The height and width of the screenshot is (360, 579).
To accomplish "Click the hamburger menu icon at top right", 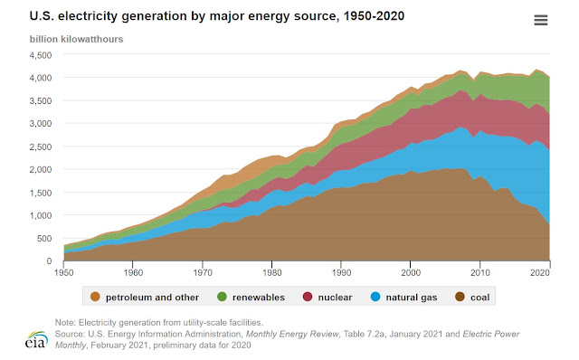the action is (541, 20).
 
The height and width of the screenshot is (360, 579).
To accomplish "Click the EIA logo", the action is (36, 340).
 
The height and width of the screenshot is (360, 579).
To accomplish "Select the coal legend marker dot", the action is (460, 297).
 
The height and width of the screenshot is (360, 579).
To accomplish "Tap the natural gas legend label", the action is (412, 298).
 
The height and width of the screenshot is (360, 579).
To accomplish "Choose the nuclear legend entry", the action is (327, 298).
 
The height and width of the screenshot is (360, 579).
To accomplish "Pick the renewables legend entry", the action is (252, 298).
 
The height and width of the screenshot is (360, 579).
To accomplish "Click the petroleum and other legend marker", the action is (95, 297).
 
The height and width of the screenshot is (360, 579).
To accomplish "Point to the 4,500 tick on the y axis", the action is (41, 55).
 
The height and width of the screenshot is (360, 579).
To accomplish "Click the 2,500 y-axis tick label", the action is (41, 147).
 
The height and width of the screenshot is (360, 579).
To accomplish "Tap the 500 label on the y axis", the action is (44, 238).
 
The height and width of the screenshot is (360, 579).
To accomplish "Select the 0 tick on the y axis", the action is (49, 261).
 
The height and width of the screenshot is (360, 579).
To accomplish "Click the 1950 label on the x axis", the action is (64, 273).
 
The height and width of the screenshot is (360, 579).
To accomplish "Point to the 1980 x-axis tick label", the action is (271, 273).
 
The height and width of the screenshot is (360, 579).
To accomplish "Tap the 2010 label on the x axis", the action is (480, 273).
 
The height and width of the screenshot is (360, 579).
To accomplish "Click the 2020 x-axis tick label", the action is (540, 273).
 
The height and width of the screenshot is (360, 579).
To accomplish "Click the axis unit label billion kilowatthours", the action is (76, 39).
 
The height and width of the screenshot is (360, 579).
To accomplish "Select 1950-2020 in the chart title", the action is (374, 16).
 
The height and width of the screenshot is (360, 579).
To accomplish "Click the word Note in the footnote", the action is (64, 322).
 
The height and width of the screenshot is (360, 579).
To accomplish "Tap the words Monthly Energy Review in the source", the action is (292, 334).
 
